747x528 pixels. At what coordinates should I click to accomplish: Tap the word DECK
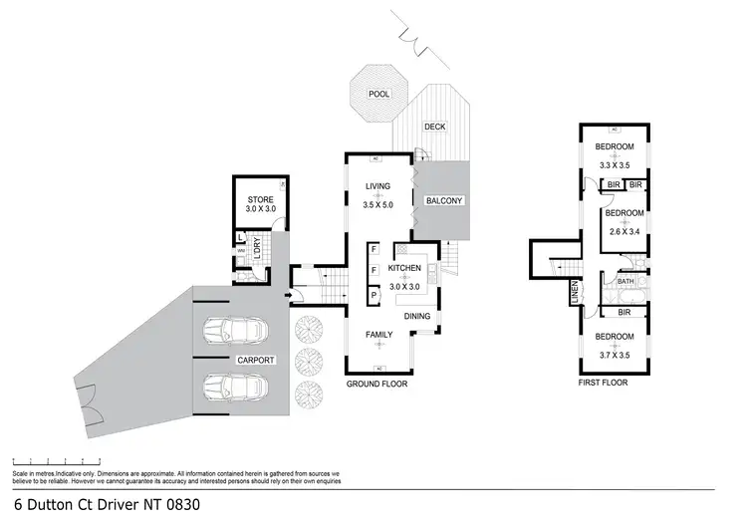click(x=435, y=127)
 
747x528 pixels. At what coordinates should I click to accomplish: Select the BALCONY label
click(x=444, y=200)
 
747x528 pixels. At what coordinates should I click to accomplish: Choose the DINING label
click(x=417, y=317)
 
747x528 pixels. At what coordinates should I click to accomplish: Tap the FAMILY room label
click(x=377, y=336)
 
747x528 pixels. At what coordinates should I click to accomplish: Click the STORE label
click(x=260, y=199)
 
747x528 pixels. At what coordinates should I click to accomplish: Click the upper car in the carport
click(x=233, y=329)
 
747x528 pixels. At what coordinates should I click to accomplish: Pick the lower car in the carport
click(x=233, y=386)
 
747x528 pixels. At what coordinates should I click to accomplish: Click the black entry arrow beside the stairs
click(x=289, y=294)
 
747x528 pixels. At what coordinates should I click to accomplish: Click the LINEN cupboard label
click(x=575, y=294)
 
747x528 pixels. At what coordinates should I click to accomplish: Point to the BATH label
click(x=625, y=282)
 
